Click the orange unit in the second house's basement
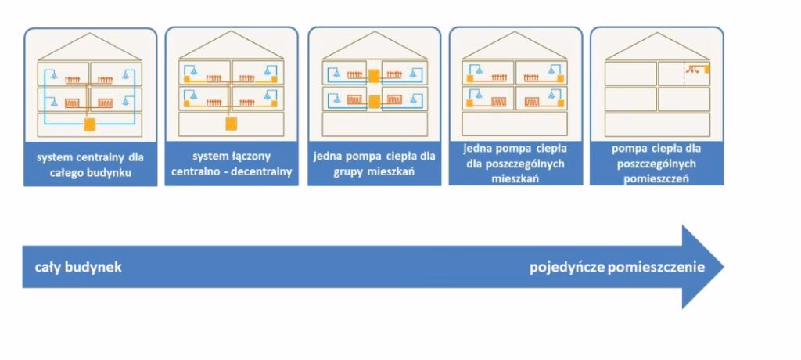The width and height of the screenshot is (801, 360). click(231, 124)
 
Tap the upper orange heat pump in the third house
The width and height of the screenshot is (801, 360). click(373, 75)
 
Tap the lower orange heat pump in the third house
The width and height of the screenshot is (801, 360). click(373, 100)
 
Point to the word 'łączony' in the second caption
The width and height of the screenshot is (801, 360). click(253, 157)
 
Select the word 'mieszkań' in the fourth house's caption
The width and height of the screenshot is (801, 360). click(515, 178)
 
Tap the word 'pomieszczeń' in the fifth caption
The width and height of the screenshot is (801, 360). click(656, 178)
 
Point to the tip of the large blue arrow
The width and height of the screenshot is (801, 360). click(722, 267)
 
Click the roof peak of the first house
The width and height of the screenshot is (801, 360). click(90, 33)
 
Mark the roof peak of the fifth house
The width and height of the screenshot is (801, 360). click(657, 33)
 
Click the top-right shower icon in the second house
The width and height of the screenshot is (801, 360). click(269, 70)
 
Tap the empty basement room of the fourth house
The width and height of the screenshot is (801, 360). click(515, 124)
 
